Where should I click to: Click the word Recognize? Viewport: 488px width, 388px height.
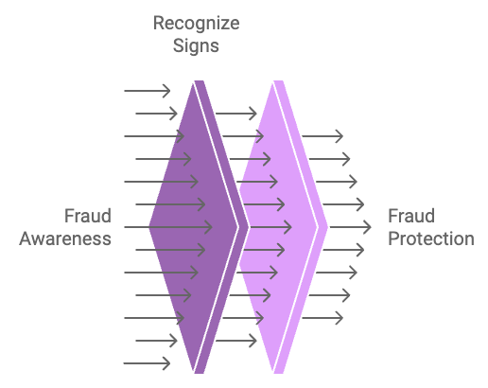click(x=196, y=25)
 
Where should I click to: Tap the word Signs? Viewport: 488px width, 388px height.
click(x=196, y=46)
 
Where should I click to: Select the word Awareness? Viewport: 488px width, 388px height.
click(x=65, y=238)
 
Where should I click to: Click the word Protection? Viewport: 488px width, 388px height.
click(x=431, y=238)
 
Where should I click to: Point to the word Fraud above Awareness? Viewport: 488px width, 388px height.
click(x=88, y=216)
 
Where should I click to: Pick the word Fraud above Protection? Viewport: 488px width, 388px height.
click(x=411, y=216)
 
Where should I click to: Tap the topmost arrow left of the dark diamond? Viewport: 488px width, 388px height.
click(x=148, y=91)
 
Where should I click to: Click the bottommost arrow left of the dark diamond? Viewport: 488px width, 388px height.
click(x=147, y=363)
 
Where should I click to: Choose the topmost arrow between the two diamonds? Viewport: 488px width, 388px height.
click(x=236, y=114)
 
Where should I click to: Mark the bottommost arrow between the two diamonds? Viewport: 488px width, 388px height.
click(x=236, y=341)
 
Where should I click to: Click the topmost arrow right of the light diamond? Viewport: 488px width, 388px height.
click(x=322, y=136)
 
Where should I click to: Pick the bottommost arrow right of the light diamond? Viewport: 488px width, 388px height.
click(x=322, y=318)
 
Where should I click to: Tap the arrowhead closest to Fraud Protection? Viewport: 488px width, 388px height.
click(x=368, y=227)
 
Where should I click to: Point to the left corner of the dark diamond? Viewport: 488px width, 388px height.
click(x=149, y=227)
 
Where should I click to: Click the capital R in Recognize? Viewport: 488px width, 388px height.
click(x=159, y=24)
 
